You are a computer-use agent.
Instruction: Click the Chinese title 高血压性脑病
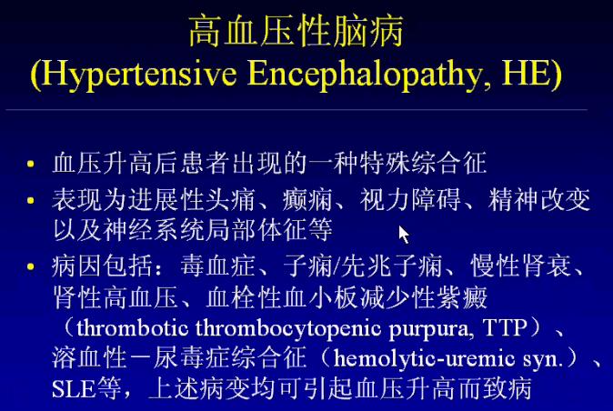296,32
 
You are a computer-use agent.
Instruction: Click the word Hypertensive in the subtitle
139,74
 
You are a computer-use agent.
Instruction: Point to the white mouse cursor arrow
404,234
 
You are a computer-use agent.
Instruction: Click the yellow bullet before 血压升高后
31,164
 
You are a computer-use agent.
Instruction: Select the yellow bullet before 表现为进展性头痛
31,200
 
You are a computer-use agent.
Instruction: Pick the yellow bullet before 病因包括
31,266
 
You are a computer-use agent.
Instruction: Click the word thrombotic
132,327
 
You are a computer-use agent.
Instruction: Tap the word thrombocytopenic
288,329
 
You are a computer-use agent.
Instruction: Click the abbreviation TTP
505,327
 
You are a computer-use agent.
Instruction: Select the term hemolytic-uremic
424,358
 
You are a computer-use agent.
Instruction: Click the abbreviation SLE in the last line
74,389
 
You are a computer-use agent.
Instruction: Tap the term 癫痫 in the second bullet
307,200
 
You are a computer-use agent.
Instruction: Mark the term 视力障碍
410,200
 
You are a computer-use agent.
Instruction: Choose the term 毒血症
217,266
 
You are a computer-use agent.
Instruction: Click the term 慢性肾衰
521,266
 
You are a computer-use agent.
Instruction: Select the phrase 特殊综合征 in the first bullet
424,163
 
